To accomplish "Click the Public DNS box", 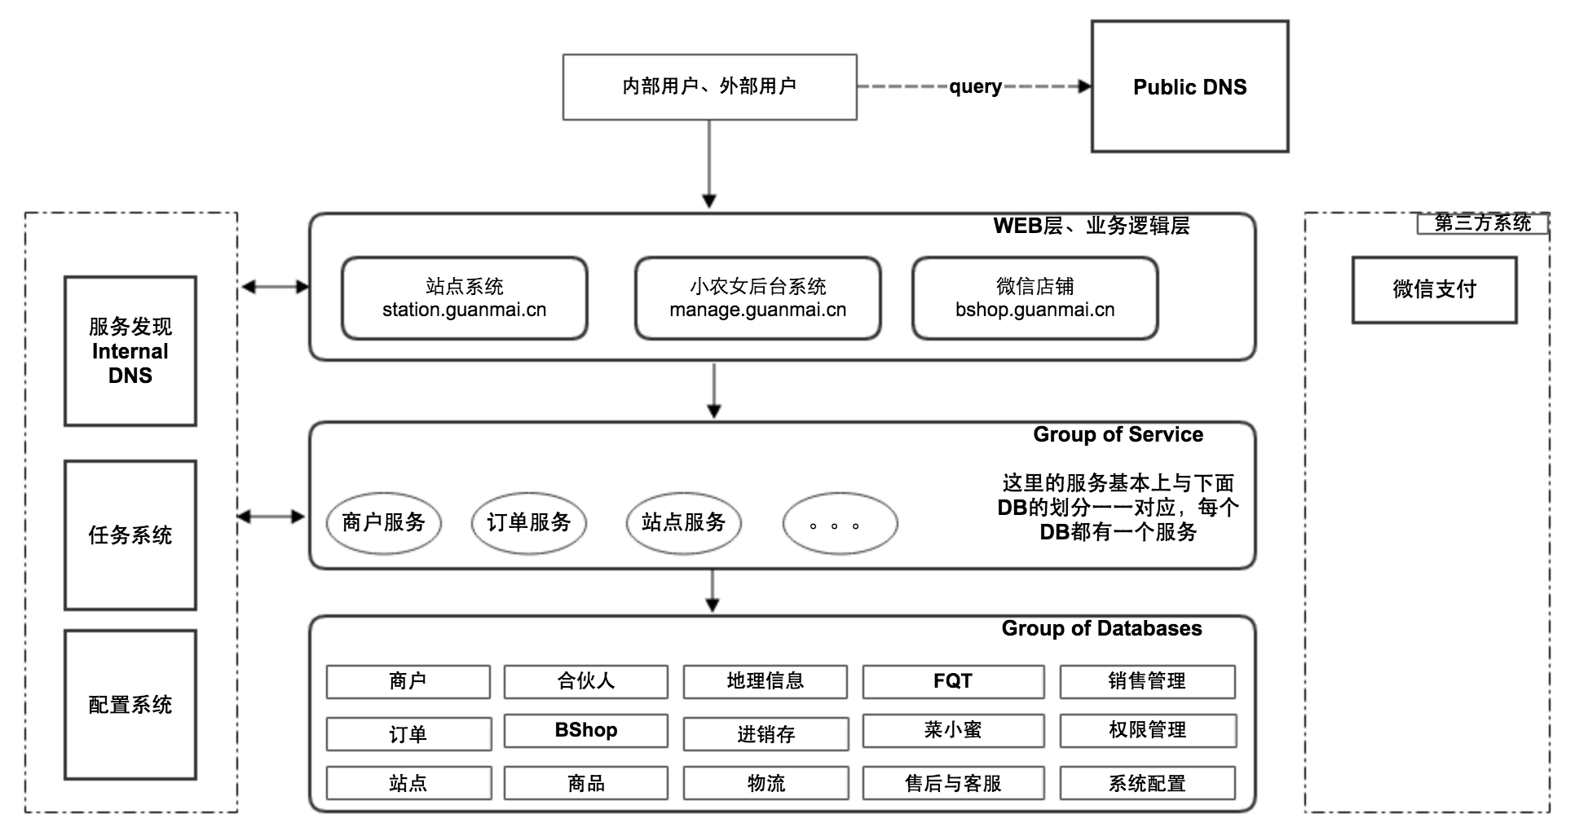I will pos(1189,86).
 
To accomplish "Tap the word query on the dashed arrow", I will pos(975,86).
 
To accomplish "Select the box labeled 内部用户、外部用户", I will pos(709,86).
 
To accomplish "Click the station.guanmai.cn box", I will pos(464,298).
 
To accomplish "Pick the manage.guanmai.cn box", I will pos(757,298).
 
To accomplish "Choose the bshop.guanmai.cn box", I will pos(1035,298).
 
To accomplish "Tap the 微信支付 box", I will pos(1434,290).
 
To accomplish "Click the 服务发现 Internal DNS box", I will pos(130,351).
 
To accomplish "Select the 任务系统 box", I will pos(130,535).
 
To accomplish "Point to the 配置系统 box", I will pos(130,705).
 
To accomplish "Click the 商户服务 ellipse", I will pos(383,522).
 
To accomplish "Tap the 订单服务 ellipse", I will pos(528,522).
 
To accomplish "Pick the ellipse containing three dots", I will pos(840,524).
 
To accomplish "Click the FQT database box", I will pos(953,681).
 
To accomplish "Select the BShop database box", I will pos(585,730).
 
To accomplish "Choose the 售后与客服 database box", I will pos(953,783).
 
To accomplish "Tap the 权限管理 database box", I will pos(1147,730).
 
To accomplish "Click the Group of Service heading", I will pos(1118,434).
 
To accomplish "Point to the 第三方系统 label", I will pos(1482,223).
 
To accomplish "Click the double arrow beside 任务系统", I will pos(271,517).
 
